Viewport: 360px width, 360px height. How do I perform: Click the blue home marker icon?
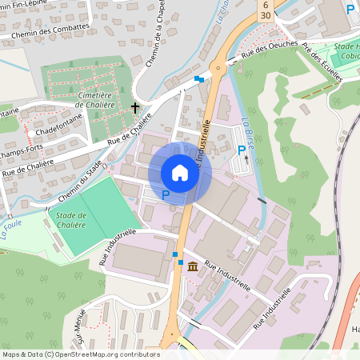180,172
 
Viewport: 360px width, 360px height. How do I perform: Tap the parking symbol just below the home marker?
166,194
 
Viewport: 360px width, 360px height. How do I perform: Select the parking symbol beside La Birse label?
241,150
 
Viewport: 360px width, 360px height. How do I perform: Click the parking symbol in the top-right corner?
350,9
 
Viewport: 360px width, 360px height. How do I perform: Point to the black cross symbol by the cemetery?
134,106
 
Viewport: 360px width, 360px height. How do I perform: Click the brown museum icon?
193,267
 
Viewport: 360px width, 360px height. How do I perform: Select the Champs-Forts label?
21,150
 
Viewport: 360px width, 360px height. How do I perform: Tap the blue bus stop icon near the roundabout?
198,78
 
